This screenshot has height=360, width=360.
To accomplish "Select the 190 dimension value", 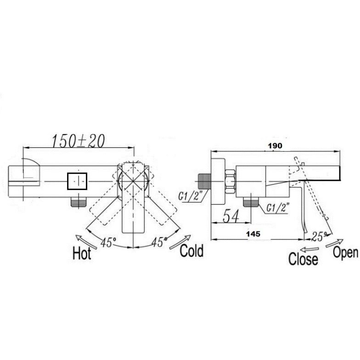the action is pos(275,146).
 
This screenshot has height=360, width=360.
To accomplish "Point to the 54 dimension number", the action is pos(231,216).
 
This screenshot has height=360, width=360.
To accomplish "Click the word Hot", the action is pos(82,253).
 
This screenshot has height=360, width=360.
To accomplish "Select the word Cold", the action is pos(191,251).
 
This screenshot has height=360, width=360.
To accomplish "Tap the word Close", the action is pos(303,259).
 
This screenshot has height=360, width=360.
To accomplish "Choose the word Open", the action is pos(345,252).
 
